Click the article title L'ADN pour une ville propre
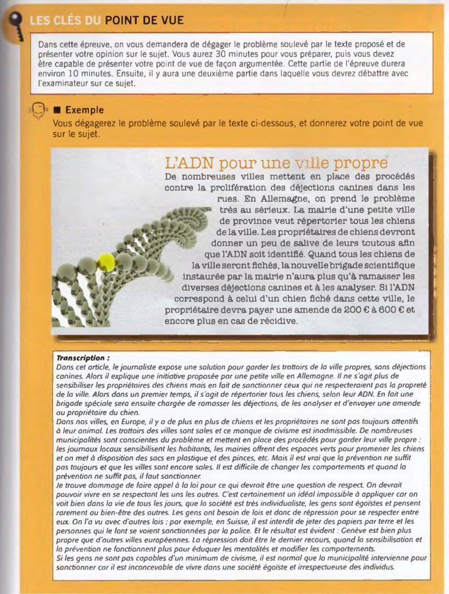pyautogui.click(x=276, y=164)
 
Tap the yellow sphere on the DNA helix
pyautogui.click(x=106, y=263)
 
